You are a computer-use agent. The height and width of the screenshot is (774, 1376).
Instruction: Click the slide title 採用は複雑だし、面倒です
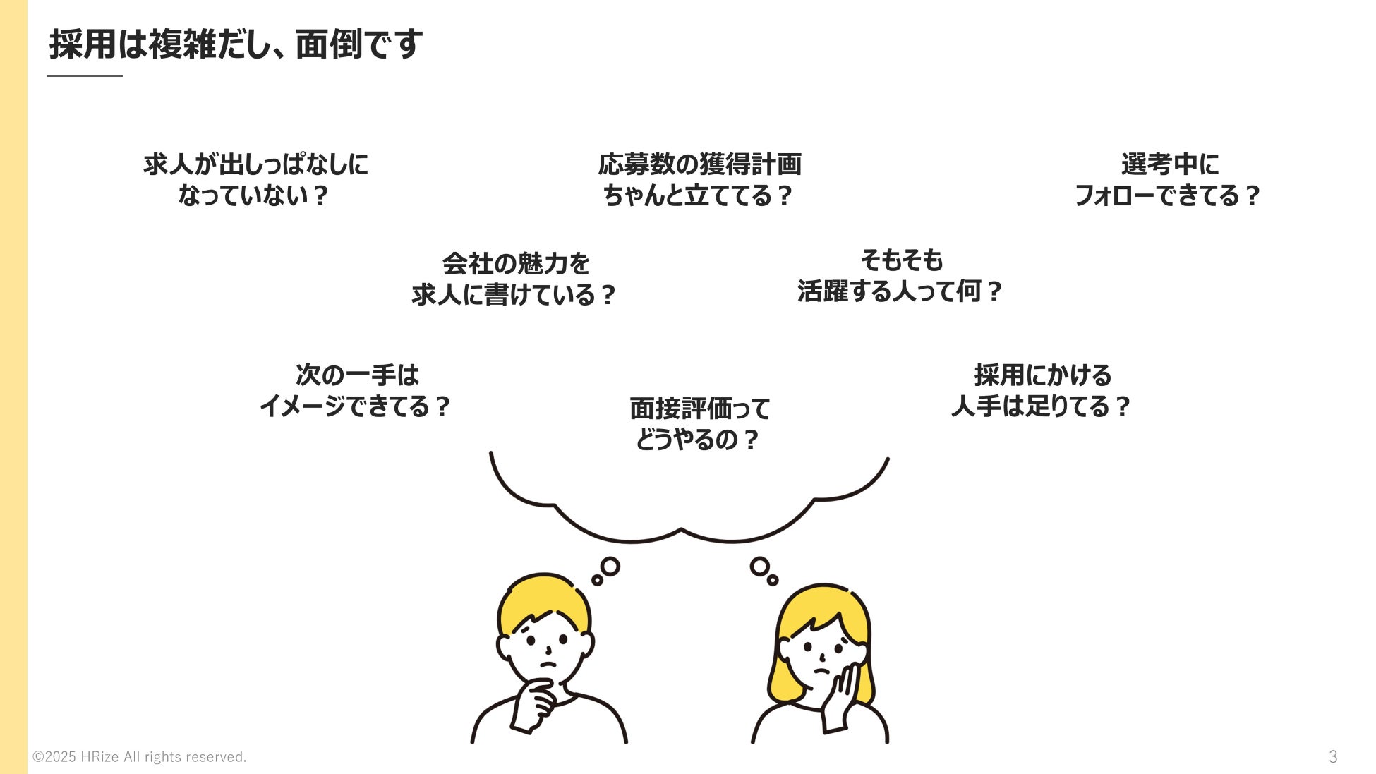(x=236, y=44)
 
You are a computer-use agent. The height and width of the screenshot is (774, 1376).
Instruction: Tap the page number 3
(x=1333, y=756)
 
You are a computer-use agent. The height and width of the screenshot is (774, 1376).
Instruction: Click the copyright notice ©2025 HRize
(x=140, y=757)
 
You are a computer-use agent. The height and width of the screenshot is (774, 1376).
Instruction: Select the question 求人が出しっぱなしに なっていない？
(x=255, y=179)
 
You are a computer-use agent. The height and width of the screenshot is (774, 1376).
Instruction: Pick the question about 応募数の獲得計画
(x=699, y=179)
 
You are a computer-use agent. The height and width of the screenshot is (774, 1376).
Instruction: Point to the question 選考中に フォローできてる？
(x=1168, y=179)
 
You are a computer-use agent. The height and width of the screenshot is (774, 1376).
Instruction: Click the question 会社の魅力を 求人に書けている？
(x=515, y=279)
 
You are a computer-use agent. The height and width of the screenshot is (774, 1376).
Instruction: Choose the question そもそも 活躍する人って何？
(x=900, y=276)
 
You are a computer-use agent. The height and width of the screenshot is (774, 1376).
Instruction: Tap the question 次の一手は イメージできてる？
(x=356, y=389)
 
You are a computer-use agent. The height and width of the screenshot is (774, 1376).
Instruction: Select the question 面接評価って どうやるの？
(x=699, y=423)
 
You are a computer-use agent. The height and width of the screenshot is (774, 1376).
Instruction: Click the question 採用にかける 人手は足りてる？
(x=1042, y=389)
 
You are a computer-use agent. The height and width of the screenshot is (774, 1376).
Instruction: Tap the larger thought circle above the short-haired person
(x=610, y=567)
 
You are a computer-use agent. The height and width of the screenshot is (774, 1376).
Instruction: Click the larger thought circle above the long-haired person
(x=760, y=566)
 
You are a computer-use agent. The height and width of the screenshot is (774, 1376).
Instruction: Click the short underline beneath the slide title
(x=85, y=75)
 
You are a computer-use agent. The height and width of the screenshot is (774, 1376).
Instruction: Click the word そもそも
(x=901, y=260)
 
